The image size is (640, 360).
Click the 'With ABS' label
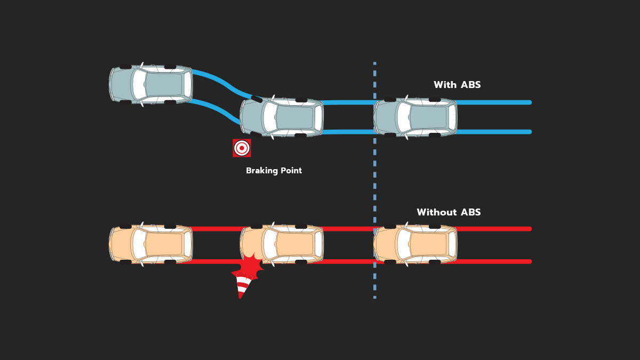tap(457, 85)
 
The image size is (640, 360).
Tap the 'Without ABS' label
tap(449, 212)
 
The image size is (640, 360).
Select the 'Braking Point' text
tap(274, 171)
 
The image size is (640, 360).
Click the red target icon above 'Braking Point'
tap(242, 148)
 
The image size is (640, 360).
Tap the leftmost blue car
tap(151, 84)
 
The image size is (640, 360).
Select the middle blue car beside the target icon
tap(282, 117)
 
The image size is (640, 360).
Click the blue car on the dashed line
tap(415, 117)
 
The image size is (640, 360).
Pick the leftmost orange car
tap(151, 244)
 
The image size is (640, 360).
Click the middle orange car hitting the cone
tap(282, 244)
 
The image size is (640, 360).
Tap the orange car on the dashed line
tap(415, 244)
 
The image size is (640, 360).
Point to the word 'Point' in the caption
tap(291, 171)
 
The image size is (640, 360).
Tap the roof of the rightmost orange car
tap(428, 244)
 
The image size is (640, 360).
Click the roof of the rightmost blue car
tap(428, 117)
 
